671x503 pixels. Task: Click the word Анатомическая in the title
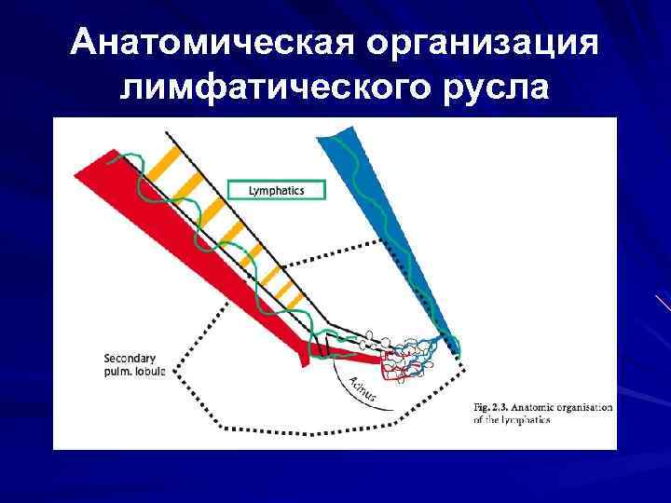pos(211,44)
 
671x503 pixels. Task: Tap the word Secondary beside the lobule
pos(130,358)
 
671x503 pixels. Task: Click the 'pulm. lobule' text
pos(134,371)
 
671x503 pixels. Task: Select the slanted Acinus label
pos(363,388)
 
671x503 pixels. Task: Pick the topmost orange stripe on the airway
pos(163,161)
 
